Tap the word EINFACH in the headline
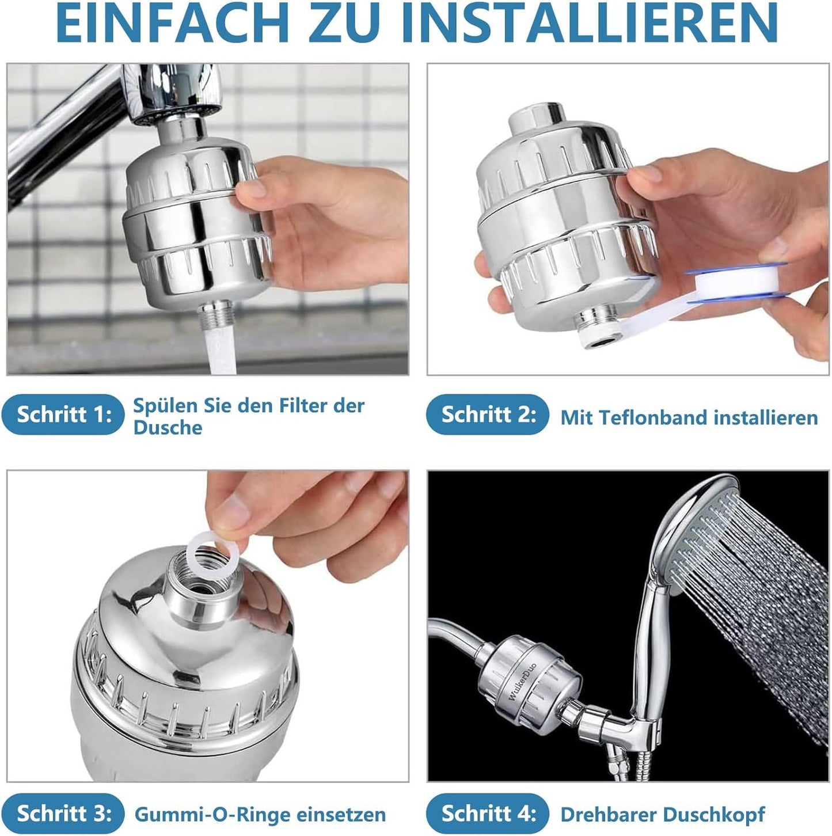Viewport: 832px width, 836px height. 172,22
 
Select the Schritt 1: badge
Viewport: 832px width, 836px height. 63,415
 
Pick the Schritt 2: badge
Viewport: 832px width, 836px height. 488,415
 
